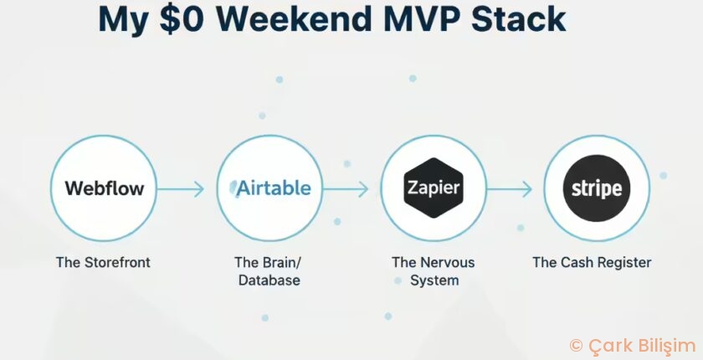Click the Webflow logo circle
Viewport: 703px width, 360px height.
click(104, 188)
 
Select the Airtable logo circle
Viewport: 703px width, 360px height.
click(269, 188)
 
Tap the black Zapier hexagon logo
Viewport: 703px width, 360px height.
click(433, 188)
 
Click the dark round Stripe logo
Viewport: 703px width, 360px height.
click(597, 188)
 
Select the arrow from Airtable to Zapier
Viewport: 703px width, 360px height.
click(345, 189)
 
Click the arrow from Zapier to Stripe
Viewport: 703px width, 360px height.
click(509, 189)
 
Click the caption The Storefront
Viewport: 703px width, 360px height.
click(103, 262)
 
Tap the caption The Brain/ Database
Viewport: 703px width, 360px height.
click(269, 271)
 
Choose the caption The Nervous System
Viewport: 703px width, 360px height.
click(433, 271)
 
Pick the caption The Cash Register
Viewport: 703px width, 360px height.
click(592, 262)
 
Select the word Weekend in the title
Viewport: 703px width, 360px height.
click(306, 18)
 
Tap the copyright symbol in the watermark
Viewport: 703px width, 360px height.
click(576, 345)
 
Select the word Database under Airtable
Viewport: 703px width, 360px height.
click(269, 280)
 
